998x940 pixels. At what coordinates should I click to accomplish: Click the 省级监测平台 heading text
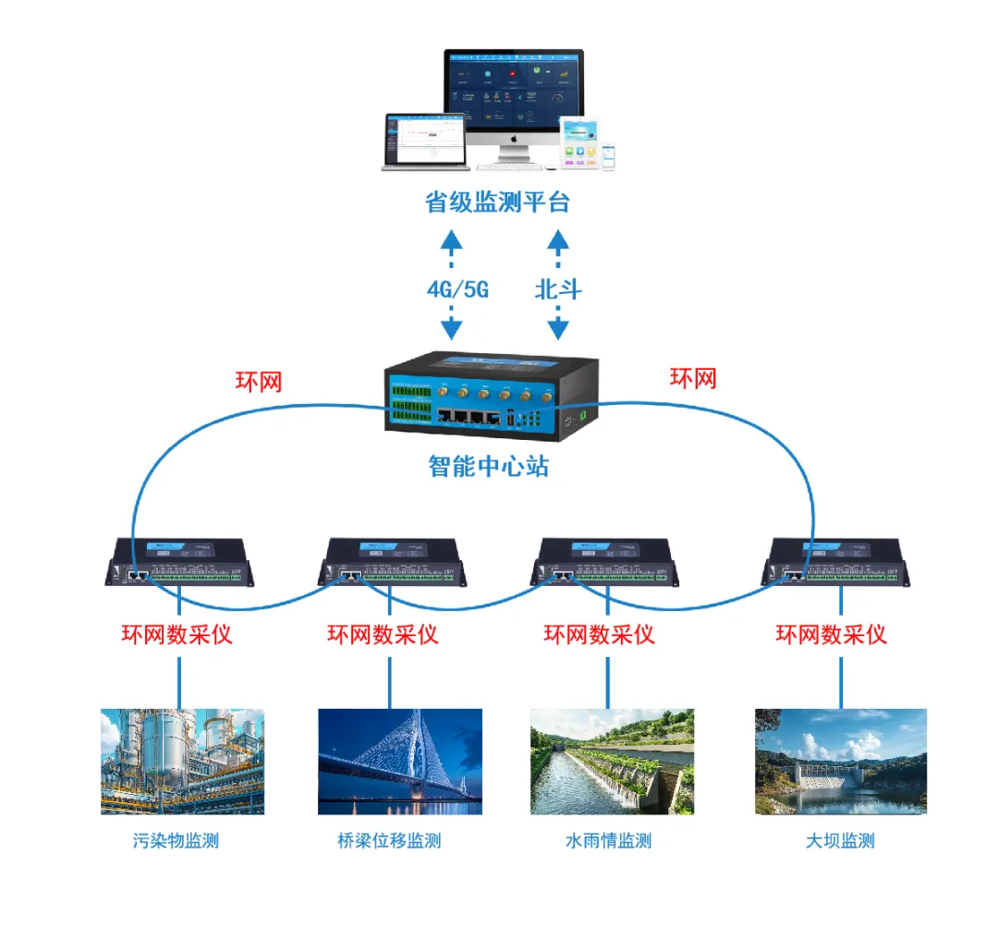coord(497,201)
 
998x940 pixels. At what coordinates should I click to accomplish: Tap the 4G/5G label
coord(457,289)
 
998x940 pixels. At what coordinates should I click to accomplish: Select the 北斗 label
coord(558,289)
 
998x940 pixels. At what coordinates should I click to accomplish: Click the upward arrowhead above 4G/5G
coord(451,242)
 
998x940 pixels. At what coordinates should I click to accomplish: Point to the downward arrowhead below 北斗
coord(557,329)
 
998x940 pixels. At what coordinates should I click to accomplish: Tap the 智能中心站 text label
coord(488,466)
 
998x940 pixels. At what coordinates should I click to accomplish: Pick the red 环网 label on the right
coord(693,378)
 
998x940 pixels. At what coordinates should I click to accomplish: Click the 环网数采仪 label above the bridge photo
coord(383,634)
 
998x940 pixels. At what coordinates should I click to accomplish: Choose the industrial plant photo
coord(182,762)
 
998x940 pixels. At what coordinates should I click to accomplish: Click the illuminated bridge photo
coord(399,762)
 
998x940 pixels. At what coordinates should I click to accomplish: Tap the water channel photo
coord(612,762)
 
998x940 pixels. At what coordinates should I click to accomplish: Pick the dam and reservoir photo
coord(840,762)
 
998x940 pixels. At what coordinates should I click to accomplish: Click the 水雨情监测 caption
coord(608,841)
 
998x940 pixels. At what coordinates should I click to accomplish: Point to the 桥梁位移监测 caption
coord(389,841)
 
